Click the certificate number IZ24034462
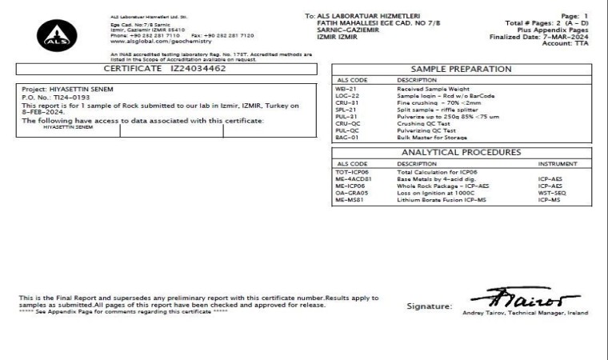click(x=198, y=70)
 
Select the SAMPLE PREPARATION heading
click(x=462, y=70)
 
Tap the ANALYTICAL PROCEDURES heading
click(x=462, y=152)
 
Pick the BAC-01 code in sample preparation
click(x=347, y=137)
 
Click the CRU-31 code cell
click(x=346, y=102)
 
